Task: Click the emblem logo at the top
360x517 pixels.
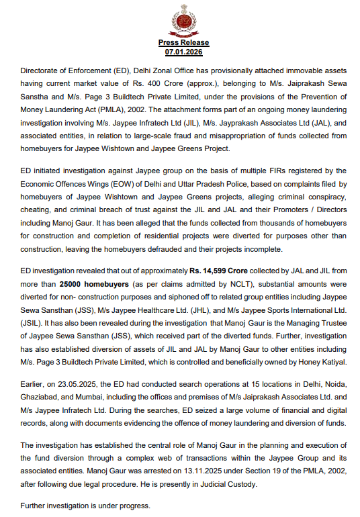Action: coord(179,19)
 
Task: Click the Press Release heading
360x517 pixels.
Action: coord(179,43)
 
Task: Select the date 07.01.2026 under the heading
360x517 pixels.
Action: coord(179,51)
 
